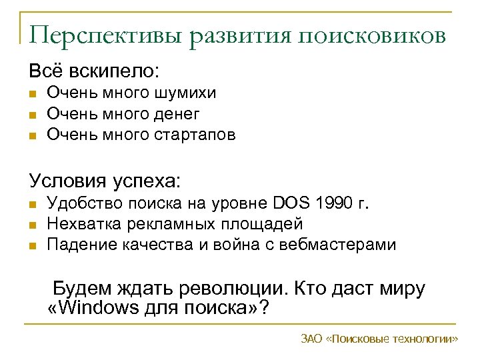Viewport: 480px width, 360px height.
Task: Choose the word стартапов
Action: tap(195, 135)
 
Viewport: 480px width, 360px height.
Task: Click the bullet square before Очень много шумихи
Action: tap(32, 94)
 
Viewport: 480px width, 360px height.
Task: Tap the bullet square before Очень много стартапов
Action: tap(32, 136)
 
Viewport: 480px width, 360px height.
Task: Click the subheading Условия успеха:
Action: tap(105, 181)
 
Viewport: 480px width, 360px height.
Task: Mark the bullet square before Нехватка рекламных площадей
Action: tap(32, 225)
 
